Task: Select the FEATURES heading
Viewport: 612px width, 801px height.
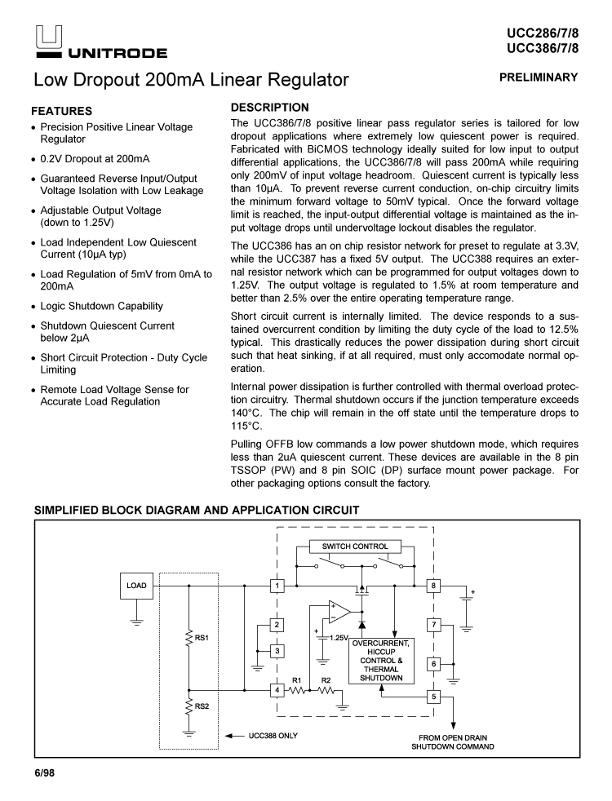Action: (x=61, y=110)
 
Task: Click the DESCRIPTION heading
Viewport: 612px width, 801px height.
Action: (x=270, y=107)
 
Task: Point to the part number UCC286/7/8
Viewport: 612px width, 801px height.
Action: (x=542, y=33)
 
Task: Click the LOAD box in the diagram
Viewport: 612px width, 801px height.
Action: (x=136, y=585)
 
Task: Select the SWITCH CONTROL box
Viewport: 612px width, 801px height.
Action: (x=355, y=546)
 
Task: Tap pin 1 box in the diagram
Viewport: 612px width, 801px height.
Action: (x=278, y=585)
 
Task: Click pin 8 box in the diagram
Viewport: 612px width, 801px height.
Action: (x=434, y=585)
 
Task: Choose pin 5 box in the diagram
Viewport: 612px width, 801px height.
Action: (x=434, y=697)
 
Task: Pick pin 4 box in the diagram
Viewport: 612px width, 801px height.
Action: (x=278, y=690)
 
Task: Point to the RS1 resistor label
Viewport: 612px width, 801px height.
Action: (x=203, y=637)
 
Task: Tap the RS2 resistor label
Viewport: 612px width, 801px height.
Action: (x=203, y=706)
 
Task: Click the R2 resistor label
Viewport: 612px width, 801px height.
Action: (x=326, y=679)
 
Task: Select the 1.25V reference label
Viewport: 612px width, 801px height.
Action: (x=339, y=636)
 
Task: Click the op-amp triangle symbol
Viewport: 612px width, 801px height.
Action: (x=339, y=611)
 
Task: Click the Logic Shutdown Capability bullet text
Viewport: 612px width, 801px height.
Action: (x=102, y=306)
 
